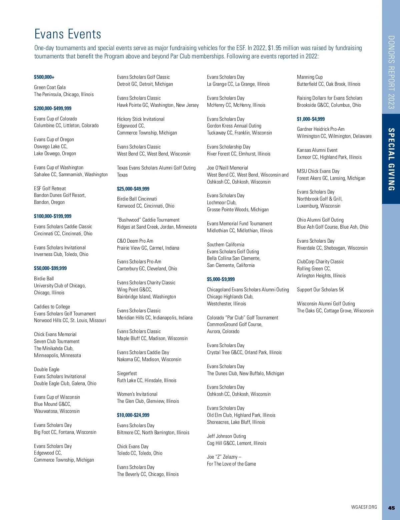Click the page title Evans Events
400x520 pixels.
(68, 34)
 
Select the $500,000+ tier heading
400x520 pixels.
(44, 77)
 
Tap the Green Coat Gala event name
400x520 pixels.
(50, 87)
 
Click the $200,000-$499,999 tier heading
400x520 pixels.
(53, 108)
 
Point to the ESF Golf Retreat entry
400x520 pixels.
(50, 189)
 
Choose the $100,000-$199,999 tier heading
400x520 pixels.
(53, 216)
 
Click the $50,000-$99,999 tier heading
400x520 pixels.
(50, 268)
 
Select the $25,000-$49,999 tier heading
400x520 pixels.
(133, 189)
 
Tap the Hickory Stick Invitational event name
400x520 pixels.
(141, 119)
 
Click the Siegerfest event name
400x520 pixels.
(127, 373)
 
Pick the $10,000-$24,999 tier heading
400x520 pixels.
(133, 415)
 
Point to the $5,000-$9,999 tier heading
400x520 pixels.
(221, 279)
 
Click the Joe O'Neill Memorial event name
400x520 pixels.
(227, 168)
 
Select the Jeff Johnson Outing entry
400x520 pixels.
(226, 436)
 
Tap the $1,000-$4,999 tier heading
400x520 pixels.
(311, 119)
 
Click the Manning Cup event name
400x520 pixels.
(310, 77)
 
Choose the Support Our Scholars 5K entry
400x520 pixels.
(320, 290)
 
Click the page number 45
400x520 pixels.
(391, 508)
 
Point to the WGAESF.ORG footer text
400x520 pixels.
(364, 507)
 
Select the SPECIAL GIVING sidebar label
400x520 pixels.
(391, 159)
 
